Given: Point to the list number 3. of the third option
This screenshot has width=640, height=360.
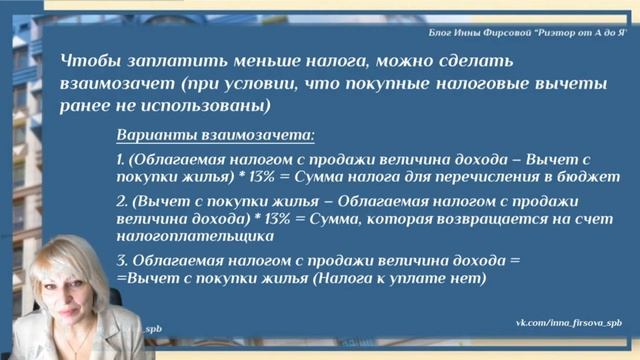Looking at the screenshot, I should pyautogui.click(x=121, y=260).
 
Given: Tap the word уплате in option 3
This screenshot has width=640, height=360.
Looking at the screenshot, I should pyautogui.click(x=404, y=278).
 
